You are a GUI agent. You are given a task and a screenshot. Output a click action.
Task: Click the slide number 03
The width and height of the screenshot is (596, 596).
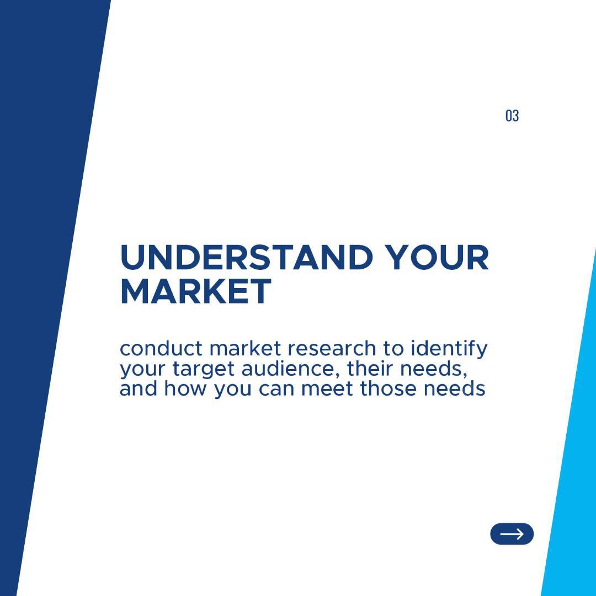[512, 115]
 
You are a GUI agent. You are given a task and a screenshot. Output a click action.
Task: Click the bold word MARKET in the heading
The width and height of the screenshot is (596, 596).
[196, 291]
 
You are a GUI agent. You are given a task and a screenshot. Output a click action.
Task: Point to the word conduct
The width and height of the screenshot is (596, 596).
[161, 348]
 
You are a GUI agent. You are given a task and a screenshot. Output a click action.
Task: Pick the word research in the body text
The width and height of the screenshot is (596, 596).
[331, 348]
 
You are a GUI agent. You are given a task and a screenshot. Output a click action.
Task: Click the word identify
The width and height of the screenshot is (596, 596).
[449, 349]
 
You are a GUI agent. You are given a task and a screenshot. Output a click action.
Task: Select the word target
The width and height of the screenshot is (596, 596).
[203, 369]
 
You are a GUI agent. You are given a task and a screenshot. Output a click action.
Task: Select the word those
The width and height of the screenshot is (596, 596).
[388, 389]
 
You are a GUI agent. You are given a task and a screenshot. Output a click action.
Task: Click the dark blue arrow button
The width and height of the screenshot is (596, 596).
[512, 534]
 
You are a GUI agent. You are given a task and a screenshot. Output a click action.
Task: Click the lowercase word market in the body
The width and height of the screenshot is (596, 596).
[245, 348]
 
